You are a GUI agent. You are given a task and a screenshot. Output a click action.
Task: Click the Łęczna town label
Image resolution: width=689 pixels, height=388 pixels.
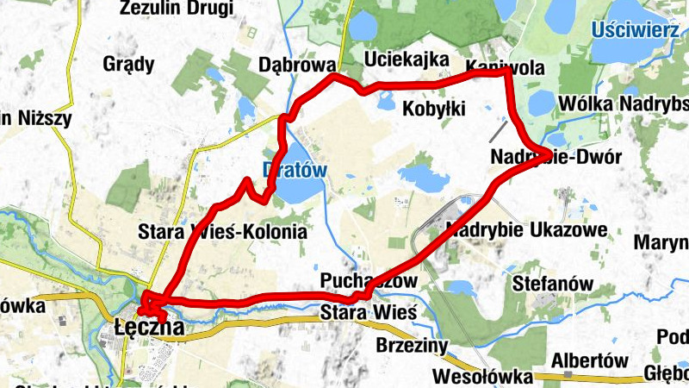148,328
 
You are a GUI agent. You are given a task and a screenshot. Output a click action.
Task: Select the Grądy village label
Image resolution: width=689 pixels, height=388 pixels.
128,64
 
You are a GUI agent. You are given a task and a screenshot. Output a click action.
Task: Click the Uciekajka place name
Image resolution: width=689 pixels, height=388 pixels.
407,59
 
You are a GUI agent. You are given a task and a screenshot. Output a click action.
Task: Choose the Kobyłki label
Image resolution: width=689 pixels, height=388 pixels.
434,109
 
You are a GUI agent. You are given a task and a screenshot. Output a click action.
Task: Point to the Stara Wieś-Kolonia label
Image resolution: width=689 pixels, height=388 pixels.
222,232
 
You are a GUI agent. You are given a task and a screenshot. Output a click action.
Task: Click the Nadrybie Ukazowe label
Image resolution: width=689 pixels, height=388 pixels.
527,230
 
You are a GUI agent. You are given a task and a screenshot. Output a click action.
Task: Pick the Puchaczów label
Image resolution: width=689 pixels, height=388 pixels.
369,281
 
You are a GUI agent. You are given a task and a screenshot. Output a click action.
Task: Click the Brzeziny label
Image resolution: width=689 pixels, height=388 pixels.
413,345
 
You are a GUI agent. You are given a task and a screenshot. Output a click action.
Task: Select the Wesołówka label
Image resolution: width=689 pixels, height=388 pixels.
475,376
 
